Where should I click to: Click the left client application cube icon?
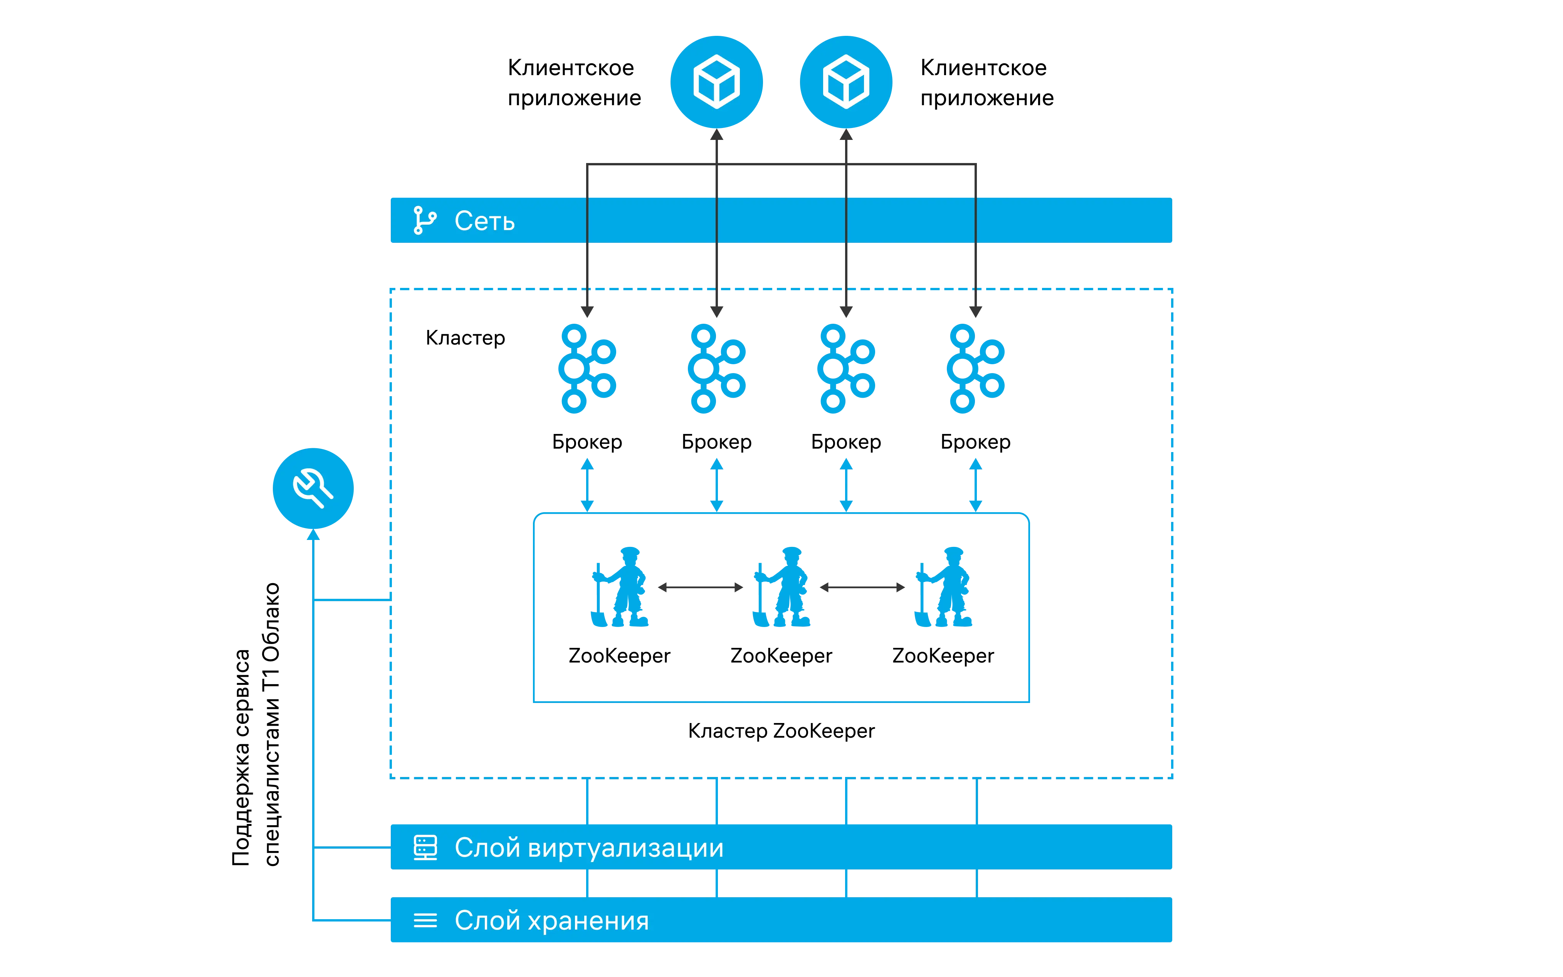click(716, 82)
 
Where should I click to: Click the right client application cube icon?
click(846, 82)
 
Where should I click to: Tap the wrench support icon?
click(313, 489)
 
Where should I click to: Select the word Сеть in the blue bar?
click(484, 221)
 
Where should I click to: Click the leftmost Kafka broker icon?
click(587, 368)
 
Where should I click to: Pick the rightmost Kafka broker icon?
click(975, 368)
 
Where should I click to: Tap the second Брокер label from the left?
click(716, 442)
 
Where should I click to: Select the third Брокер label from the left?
click(846, 442)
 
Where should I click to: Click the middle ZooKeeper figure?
click(781, 587)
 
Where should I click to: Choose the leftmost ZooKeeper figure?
click(619, 587)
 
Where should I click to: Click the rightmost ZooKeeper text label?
click(943, 656)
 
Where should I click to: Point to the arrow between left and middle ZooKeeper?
click(701, 587)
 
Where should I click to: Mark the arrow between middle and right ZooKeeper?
click(862, 587)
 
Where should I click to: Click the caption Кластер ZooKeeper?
click(781, 731)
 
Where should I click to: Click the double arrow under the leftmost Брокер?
click(587, 485)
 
